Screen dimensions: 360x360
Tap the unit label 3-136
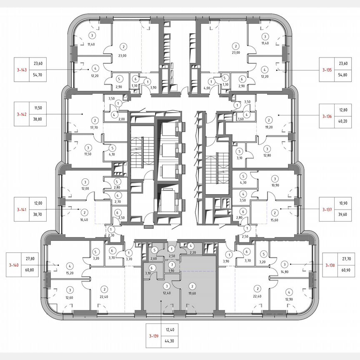tap(327, 117)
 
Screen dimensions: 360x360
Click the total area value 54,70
tap(38, 76)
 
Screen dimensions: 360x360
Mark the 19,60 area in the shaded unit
tap(192, 293)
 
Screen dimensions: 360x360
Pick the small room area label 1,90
tap(171, 271)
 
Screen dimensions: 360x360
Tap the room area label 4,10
tap(112, 155)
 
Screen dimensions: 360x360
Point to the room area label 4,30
tap(242, 182)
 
